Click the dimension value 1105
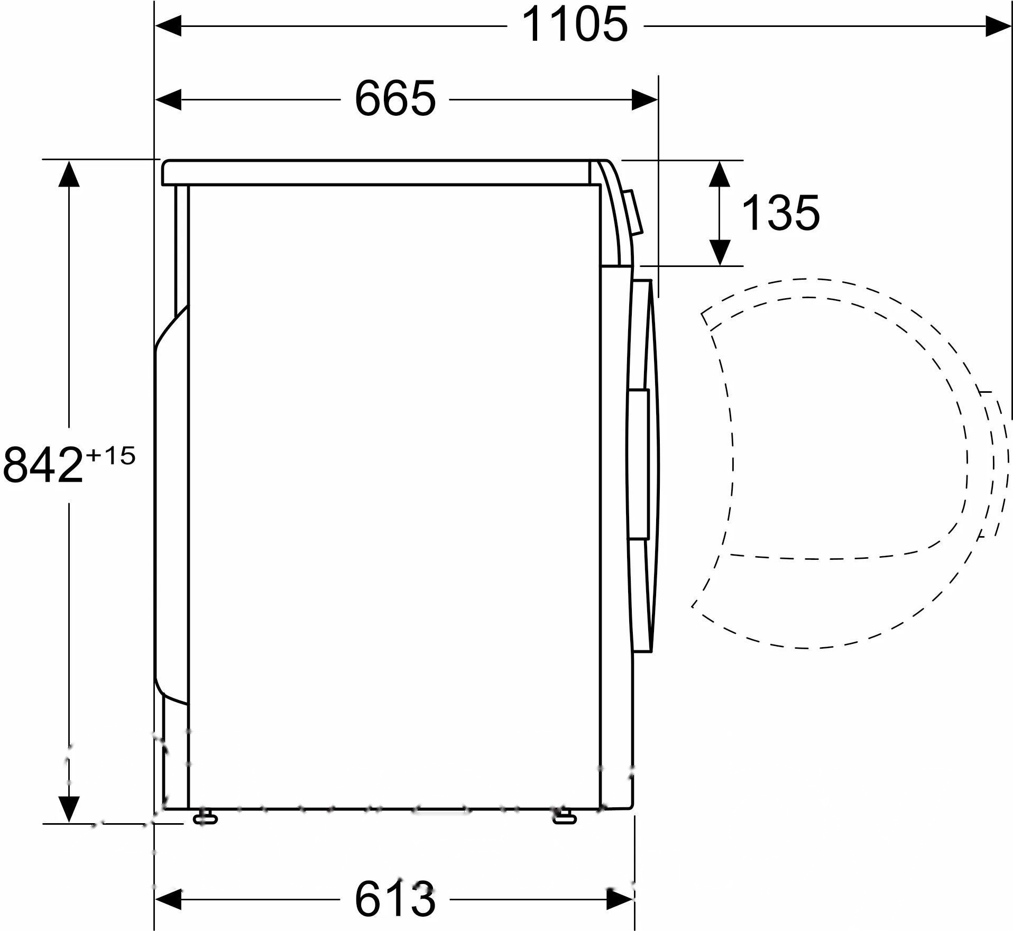575,25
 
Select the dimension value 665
395,99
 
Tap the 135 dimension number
781,213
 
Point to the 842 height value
43,465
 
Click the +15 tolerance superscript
110,455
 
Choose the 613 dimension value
395,898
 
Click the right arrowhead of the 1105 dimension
998,25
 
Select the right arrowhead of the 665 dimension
645,99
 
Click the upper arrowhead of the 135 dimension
720,173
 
